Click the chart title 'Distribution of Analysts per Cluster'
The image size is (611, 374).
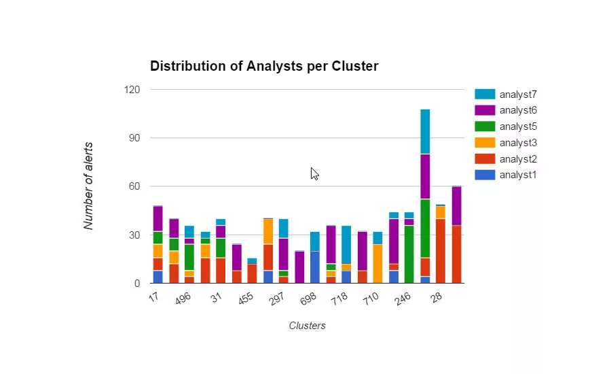tap(264, 66)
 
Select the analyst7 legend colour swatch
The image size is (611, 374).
tap(485, 94)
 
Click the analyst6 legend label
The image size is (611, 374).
tap(518, 110)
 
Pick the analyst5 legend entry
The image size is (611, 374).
tap(518, 126)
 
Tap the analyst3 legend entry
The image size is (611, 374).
tap(518, 143)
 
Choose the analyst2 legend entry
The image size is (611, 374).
tap(518, 159)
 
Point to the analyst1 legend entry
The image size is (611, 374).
tap(518, 175)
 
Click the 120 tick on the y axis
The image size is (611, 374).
tap(132, 90)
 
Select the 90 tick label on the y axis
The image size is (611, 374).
tap(134, 138)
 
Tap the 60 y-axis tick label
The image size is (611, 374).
tap(134, 186)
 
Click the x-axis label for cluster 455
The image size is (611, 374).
tap(246, 300)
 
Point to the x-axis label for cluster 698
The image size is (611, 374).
tap(309, 300)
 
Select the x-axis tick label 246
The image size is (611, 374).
tap(403, 300)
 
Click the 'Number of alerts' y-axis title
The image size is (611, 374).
tap(89, 186)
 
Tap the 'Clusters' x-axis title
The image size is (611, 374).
tap(307, 326)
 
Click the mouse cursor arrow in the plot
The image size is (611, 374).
tap(314, 173)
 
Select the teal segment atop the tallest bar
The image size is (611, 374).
tap(425, 131)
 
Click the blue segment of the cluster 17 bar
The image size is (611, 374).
tap(158, 277)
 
